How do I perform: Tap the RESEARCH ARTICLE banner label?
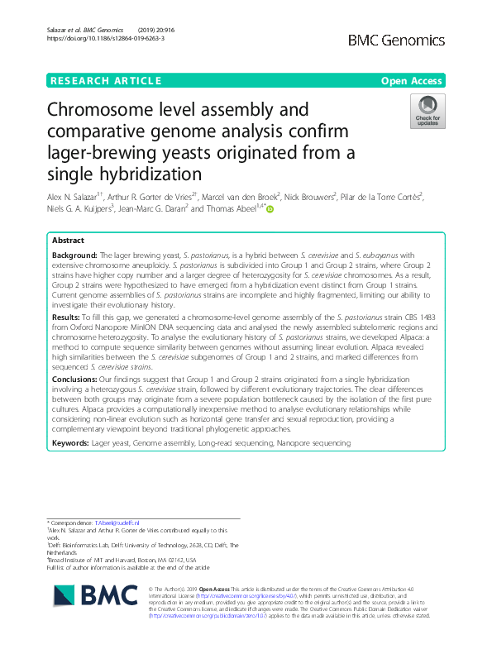[x=105, y=81]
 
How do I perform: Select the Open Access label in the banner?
[x=413, y=81]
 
